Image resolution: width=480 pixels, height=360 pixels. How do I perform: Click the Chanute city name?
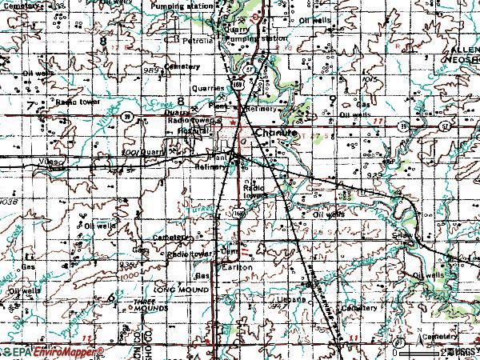pos(276,134)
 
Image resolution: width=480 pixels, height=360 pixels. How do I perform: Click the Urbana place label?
pos(295,299)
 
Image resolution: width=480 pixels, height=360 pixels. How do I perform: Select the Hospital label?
pos(193,130)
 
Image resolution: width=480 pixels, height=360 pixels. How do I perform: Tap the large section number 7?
pos(30,105)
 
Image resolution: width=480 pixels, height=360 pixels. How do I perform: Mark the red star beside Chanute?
pos(234,122)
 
